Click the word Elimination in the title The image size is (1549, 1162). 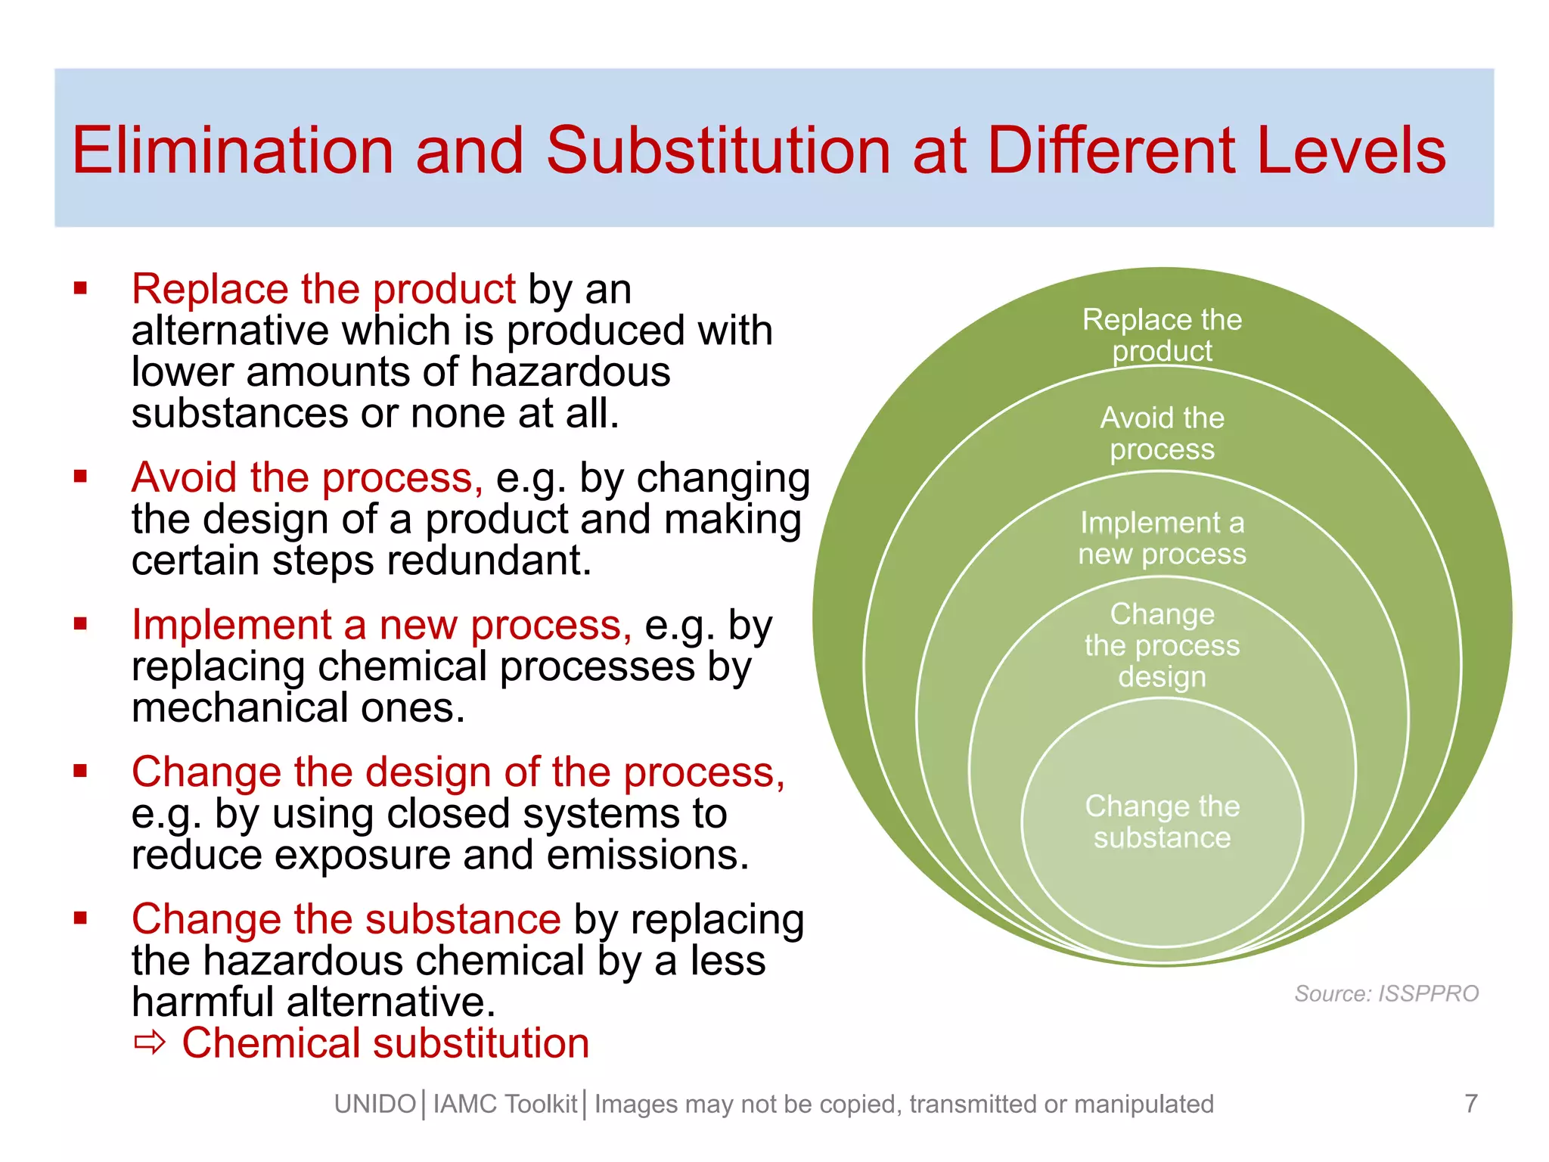232,151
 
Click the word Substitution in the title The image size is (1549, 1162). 719,151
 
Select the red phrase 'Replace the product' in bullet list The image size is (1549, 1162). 323,289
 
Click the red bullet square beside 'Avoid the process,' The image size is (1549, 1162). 81,477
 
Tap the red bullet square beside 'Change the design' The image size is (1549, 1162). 81,771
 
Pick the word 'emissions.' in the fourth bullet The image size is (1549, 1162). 647,855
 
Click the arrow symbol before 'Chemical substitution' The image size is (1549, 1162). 149,1044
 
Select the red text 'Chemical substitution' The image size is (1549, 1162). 386,1044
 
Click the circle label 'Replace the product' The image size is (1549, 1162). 1162,335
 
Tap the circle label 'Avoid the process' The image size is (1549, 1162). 1162,433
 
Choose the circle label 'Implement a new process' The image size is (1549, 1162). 1162,538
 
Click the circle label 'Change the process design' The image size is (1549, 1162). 1162,645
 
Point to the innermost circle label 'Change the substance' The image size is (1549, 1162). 1162,822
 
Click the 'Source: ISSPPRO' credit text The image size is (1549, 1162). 1386,993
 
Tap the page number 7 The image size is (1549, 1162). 1470,1104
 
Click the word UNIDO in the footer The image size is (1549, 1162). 375,1105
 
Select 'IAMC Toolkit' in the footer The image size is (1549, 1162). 504,1105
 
